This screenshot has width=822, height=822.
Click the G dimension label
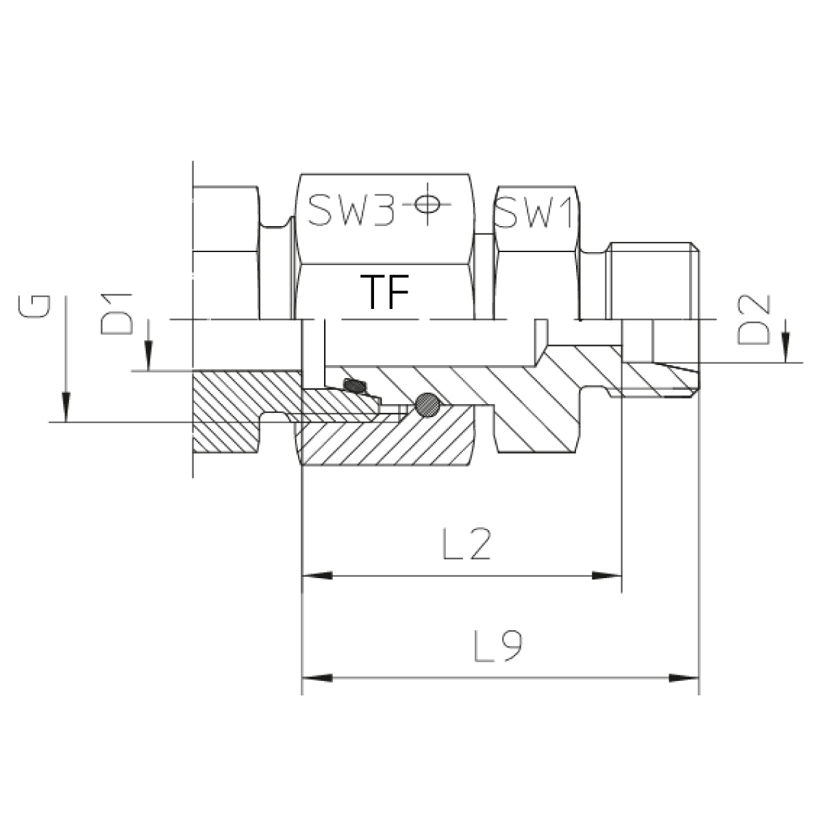point(34,306)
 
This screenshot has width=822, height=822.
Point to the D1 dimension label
point(116,314)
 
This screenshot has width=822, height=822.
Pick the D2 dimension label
point(754,319)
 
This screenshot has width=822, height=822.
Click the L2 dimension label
point(467,543)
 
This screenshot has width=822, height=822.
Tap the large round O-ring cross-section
point(427,404)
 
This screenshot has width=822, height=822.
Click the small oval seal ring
point(355,386)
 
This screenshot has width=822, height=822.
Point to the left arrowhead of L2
point(317,575)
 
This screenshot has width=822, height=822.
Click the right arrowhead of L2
point(607,575)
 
